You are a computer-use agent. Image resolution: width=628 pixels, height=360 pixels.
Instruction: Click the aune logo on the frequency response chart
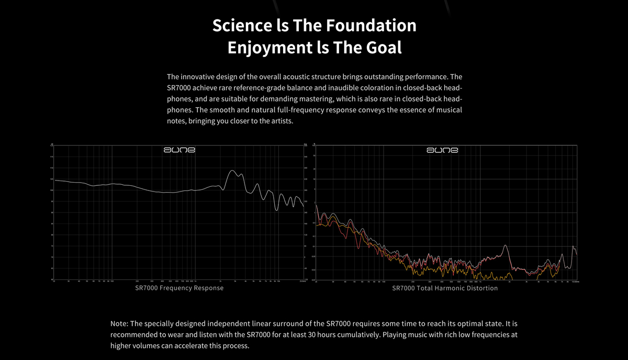click(179, 150)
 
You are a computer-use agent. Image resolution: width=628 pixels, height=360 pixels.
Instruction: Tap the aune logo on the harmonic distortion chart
click(442, 150)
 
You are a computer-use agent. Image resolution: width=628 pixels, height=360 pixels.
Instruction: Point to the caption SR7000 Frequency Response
click(180, 288)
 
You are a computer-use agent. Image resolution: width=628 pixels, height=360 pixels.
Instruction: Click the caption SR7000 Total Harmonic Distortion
click(445, 288)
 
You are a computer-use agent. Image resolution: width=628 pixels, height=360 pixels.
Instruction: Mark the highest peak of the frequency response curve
click(233, 171)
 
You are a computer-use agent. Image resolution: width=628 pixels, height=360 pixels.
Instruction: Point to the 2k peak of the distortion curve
click(505, 245)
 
